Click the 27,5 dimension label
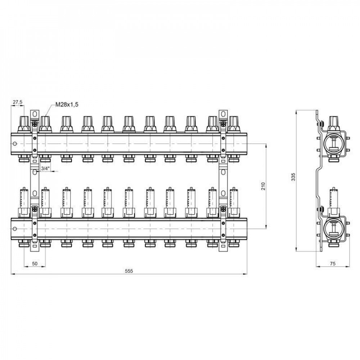pos(17,102)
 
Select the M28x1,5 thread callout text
pos(67,104)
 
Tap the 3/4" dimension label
pos(45,168)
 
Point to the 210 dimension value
pos(263,186)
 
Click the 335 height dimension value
pos(293,177)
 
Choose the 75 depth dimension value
pos(332,264)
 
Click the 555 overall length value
pos(129,271)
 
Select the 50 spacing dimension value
pos(35,264)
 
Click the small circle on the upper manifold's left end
pos(15,144)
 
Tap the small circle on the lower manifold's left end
pos(15,229)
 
